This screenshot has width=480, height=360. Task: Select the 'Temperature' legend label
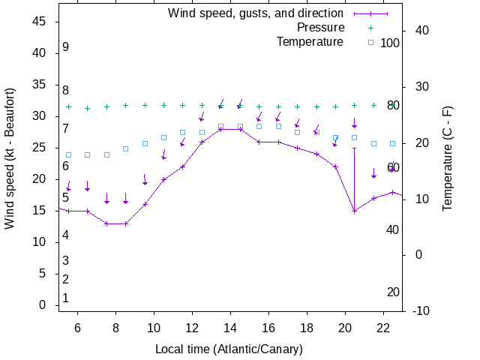(x=310, y=42)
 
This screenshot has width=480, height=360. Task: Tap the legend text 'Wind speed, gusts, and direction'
(x=255, y=13)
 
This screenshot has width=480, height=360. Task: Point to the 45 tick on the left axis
(x=40, y=22)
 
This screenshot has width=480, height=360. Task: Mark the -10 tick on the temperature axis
(x=421, y=310)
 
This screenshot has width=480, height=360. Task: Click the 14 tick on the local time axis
(x=230, y=328)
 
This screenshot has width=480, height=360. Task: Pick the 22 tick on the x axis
(x=383, y=328)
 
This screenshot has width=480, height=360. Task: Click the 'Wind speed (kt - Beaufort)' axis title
(x=10, y=163)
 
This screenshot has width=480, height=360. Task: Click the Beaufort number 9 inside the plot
(x=66, y=47)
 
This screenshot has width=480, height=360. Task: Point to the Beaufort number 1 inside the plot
(x=66, y=298)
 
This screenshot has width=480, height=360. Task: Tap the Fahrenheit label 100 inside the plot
(x=390, y=43)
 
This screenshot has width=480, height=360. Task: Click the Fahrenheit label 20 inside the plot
(x=393, y=292)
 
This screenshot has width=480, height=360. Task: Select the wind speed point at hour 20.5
(x=355, y=211)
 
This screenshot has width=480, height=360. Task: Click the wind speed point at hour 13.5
(x=220, y=129)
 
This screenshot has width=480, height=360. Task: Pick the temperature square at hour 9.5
(x=145, y=143)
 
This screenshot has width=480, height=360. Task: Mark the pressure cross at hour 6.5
(x=88, y=108)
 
